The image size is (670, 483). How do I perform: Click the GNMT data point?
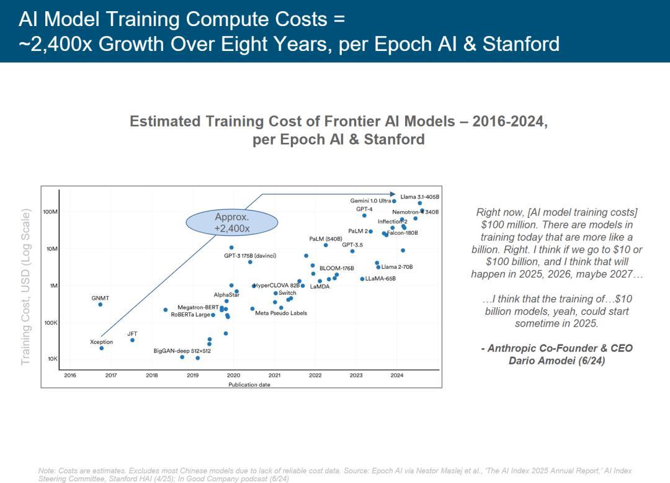pyautogui.click(x=100, y=304)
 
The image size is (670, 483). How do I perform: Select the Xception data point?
pyautogui.click(x=102, y=348)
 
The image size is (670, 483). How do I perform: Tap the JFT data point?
pyautogui.click(x=132, y=340)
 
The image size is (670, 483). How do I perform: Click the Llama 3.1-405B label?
pyautogui.click(x=419, y=197)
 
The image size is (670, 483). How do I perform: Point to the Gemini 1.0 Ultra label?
pyautogui.click(x=370, y=201)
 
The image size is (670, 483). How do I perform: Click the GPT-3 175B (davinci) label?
pyautogui.click(x=250, y=256)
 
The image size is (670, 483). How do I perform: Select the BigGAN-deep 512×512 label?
pyautogui.click(x=182, y=351)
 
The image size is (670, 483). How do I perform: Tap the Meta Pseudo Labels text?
pyautogui.click(x=281, y=313)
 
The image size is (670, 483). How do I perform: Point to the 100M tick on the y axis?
pyautogui.click(x=50, y=212)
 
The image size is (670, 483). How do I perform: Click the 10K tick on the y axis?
pyautogui.click(x=52, y=359)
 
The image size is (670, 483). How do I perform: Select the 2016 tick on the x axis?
pyautogui.click(x=70, y=375)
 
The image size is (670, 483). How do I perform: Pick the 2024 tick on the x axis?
pyautogui.click(x=397, y=375)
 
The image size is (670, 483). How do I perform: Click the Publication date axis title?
pyautogui.click(x=249, y=384)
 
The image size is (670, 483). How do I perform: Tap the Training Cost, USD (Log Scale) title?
pyautogui.click(x=25, y=287)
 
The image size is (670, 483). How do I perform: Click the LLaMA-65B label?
pyautogui.click(x=380, y=279)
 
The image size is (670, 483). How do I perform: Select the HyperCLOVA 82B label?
pyautogui.click(x=277, y=286)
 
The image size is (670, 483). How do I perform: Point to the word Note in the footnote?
pyautogui.click(x=47, y=471)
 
